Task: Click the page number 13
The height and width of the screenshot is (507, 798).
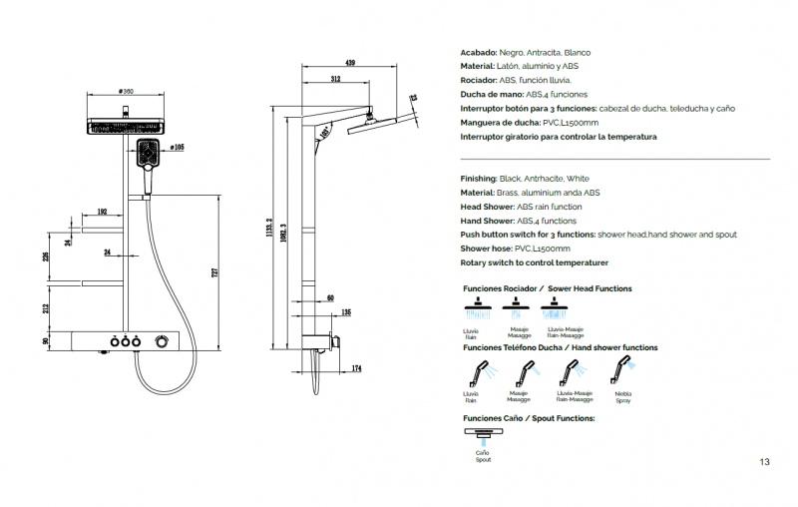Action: point(764,461)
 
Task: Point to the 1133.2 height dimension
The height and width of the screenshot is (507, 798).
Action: point(270,232)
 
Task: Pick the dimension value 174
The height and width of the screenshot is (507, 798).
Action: point(356,370)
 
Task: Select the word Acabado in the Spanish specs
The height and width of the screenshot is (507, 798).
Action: point(479,51)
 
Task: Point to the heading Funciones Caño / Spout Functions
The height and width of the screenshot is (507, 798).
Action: point(529,418)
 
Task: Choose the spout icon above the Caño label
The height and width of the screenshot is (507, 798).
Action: point(483,433)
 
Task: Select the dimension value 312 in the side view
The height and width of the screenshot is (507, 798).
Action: point(336,78)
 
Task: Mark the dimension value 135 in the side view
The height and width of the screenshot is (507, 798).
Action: point(346,312)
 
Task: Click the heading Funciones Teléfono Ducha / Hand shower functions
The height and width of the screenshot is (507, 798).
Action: point(560,348)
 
